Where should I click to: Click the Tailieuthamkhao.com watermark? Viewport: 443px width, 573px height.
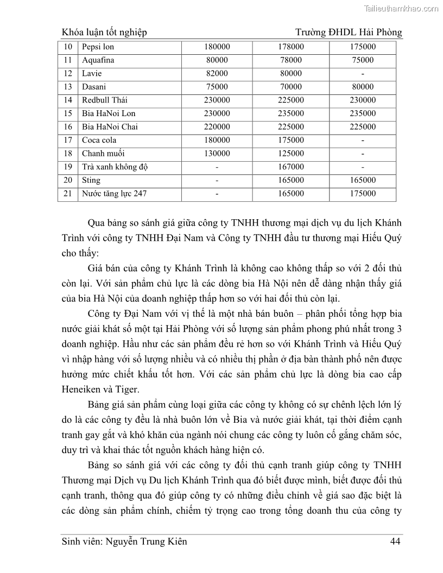point(400,8)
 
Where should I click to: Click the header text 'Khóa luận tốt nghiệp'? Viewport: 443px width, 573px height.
point(105,33)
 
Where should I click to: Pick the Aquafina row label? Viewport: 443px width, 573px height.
point(98,60)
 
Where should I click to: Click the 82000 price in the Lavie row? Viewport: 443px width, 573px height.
point(217,74)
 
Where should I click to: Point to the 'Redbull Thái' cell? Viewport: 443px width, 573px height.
point(105,100)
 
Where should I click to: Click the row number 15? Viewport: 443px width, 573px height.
point(68,113)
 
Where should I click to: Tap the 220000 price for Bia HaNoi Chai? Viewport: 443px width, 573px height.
point(217,127)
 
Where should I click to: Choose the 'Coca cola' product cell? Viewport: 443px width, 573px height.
point(99,140)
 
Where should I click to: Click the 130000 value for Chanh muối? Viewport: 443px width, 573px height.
point(217,154)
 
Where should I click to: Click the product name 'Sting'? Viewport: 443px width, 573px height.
point(91,180)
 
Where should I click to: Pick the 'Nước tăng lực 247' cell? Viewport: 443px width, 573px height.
point(114,193)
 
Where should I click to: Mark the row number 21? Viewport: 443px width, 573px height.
point(68,193)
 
